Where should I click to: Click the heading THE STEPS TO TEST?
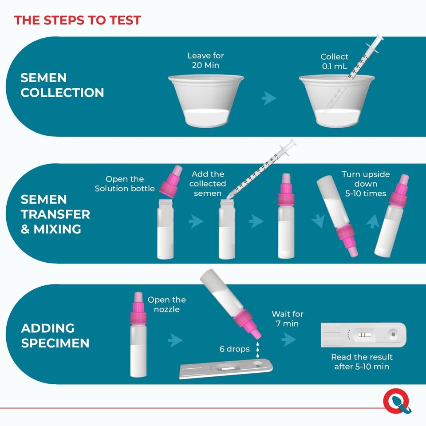click(78, 20)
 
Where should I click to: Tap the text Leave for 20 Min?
click(205, 61)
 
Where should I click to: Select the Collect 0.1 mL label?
click(335, 62)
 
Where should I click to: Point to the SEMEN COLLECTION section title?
click(62, 85)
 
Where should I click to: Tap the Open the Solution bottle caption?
click(125, 184)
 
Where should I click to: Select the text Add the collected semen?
click(208, 183)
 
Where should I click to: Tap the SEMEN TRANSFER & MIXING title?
click(55, 214)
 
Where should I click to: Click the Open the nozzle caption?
click(166, 304)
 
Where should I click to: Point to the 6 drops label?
click(235, 349)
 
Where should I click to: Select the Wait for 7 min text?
click(288, 319)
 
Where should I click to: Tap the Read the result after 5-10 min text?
click(362, 362)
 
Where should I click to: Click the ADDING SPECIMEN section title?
click(55, 335)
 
